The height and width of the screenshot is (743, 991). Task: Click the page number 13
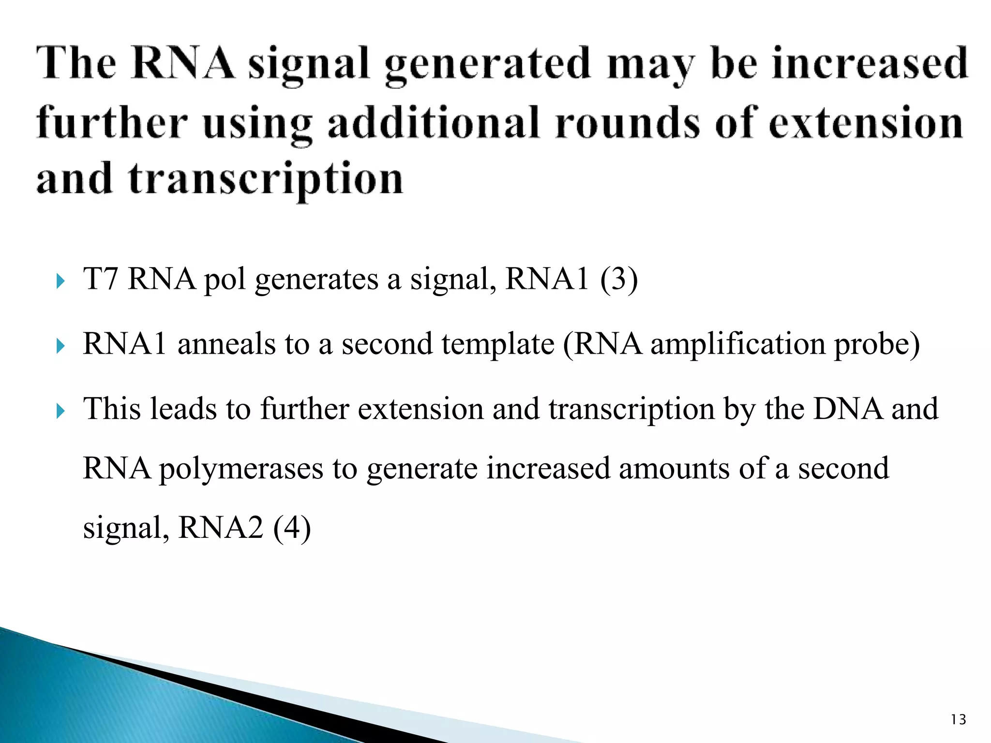coord(958,720)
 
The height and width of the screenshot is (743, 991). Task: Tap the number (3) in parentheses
coord(619,279)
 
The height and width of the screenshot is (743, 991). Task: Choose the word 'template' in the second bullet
coord(498,344)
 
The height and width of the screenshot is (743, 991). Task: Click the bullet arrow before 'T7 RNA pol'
coord(60,281)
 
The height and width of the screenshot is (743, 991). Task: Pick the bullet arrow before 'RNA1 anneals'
coord(60,345)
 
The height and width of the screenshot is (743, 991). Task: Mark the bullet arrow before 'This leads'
coord(60,411)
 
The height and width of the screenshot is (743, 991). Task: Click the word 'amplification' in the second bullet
coord(737,344)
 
